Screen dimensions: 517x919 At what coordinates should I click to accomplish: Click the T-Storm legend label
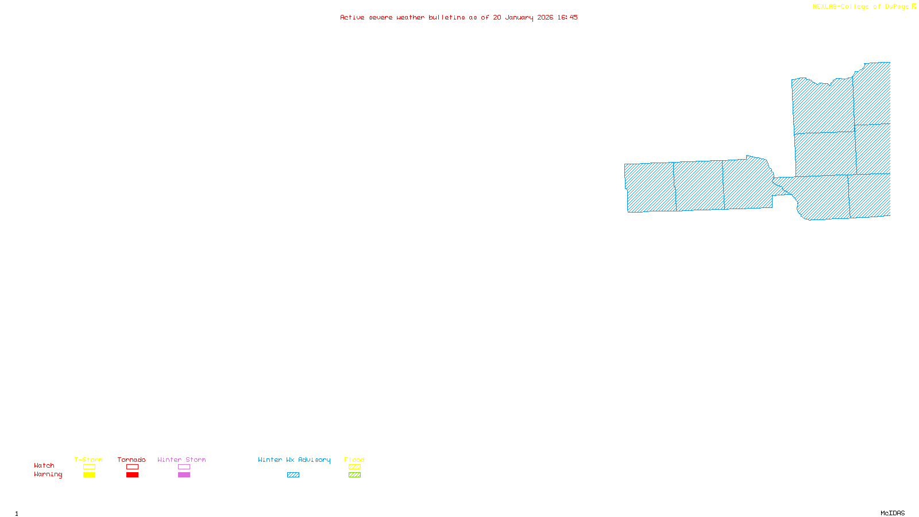point(88,460)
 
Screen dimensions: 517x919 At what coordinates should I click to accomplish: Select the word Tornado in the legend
point(132,460)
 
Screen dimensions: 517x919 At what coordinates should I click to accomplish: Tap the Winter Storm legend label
point(182,460)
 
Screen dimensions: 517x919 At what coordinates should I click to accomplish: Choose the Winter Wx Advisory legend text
point(294,460)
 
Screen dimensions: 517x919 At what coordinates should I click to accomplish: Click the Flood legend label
point(354,460)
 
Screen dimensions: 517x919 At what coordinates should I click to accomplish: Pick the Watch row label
point(44,465)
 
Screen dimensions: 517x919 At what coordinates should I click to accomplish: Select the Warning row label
point(48,474)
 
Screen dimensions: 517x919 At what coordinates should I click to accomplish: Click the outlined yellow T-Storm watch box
point(89,467)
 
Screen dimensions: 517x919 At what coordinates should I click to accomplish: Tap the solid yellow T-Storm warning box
point(89,475)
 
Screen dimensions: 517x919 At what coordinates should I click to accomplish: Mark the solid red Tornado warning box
point(132,475)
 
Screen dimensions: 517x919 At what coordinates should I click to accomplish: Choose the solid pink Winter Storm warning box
point(184,475)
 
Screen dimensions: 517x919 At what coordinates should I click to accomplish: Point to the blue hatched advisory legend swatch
point(293,475)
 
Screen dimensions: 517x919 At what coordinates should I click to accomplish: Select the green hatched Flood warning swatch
point(354,475)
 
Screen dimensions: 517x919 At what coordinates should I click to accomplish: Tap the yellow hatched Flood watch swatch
point(354,467)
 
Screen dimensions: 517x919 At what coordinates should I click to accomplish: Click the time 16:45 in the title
point(567,17)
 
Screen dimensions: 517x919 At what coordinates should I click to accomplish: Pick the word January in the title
point(519,17)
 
